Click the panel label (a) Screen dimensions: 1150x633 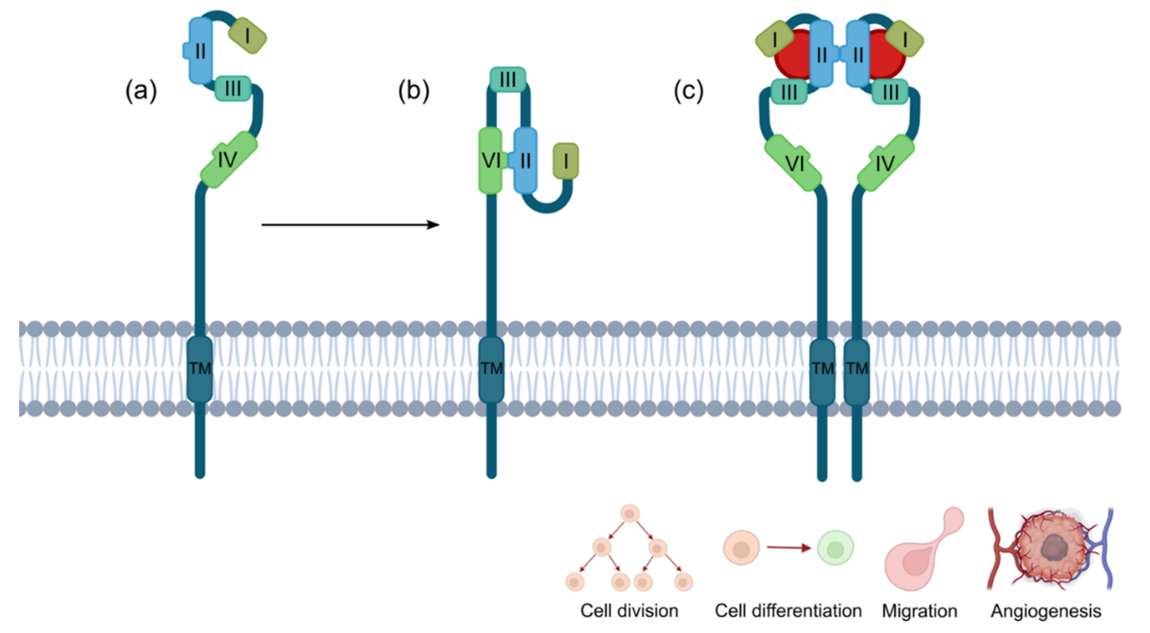(x=141, y=91)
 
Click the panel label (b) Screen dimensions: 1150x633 (x=414, y=91)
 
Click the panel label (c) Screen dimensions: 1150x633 (x=688, y=91)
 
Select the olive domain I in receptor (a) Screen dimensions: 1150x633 (x=247, y=36)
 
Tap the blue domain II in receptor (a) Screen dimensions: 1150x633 (x=199, y=50)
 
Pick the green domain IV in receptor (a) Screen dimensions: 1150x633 (x=228, y=159)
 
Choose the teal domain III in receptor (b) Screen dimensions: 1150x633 (x=508, y=79)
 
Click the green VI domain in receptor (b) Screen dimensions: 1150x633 (x=491, y=161)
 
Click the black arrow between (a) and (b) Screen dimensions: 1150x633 (x=350, y=225)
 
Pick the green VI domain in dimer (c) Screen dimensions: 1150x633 (x=793, y=163)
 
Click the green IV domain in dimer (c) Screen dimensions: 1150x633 (x=886, y=163)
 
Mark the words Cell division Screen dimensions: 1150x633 (x=629, y=611)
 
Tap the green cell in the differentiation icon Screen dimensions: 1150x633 (x=835, y=548)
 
